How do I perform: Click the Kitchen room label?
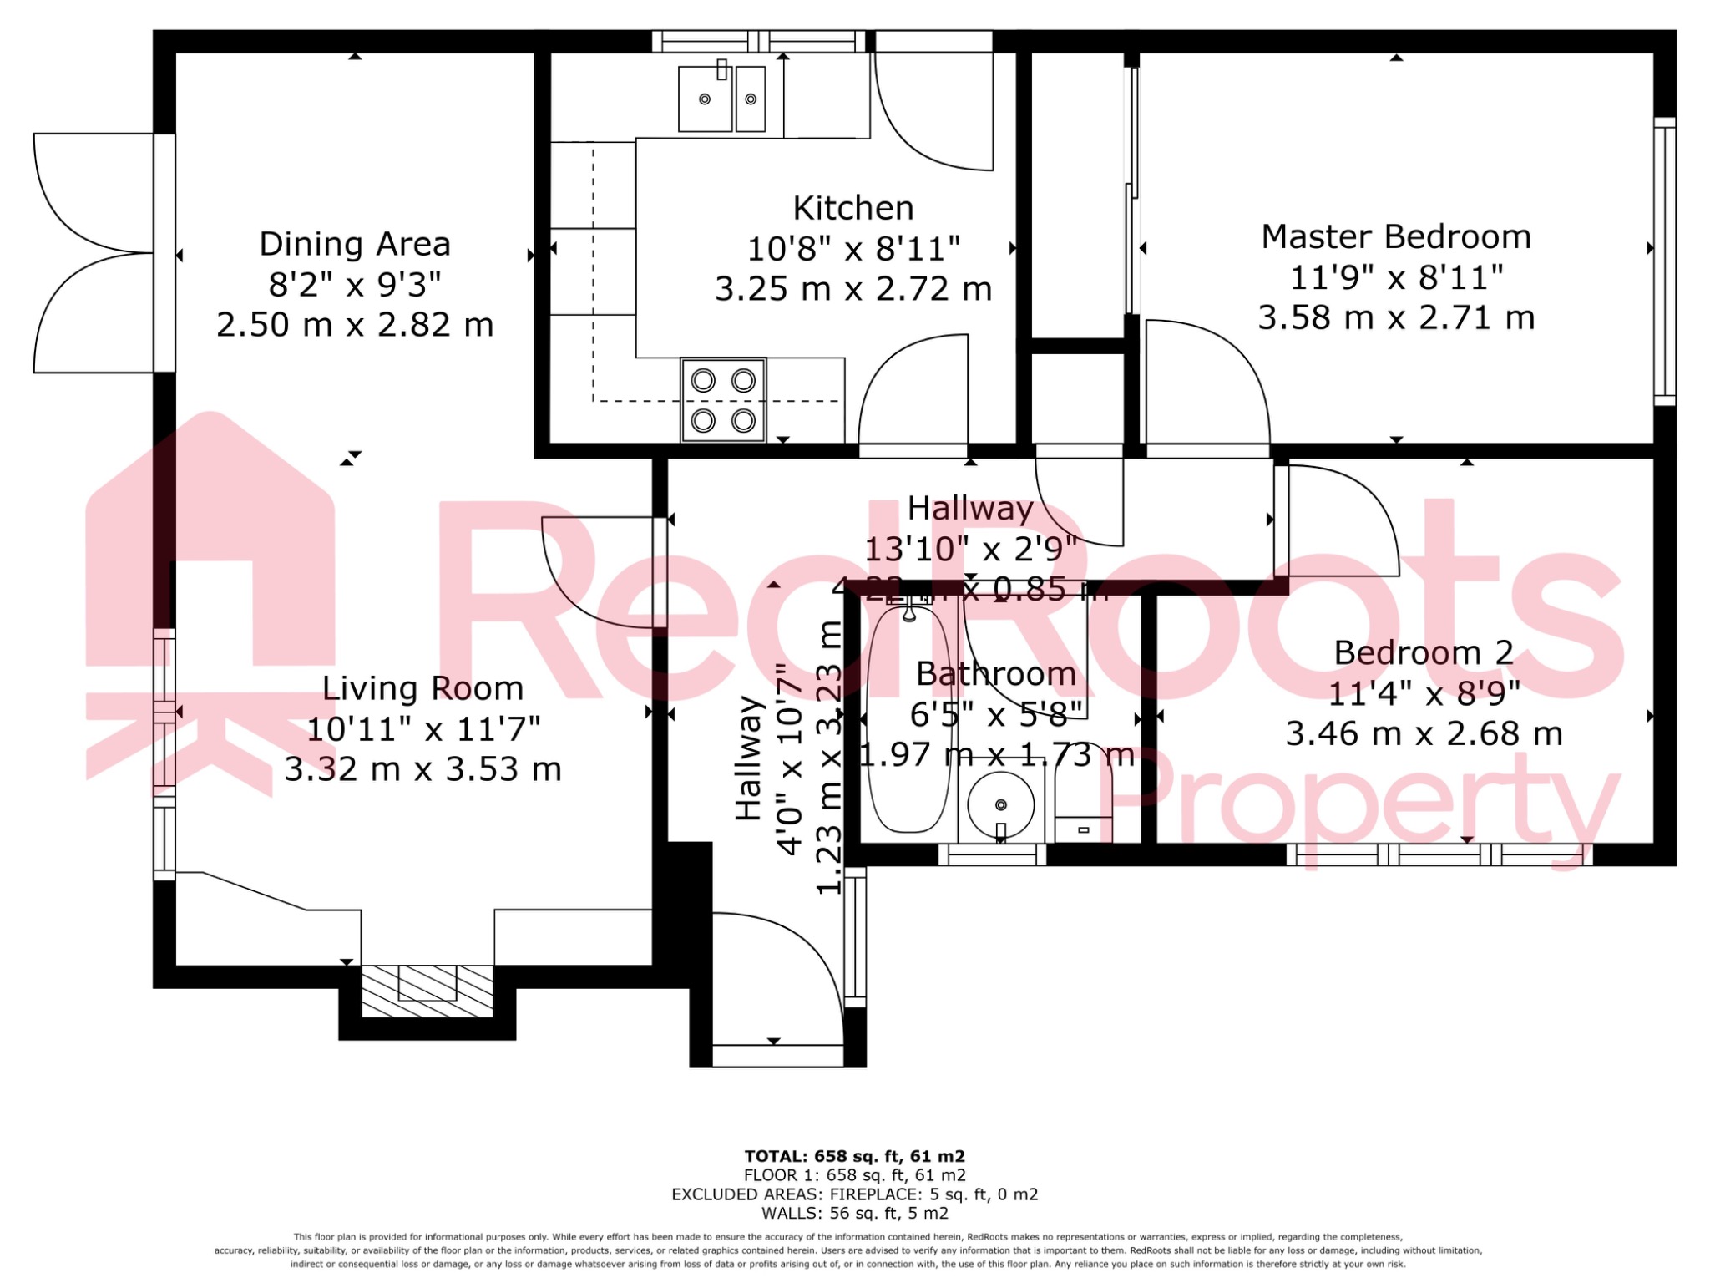tap(852, 208)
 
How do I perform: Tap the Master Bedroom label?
tap(1396, 237)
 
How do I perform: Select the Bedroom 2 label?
tap(1424, 653)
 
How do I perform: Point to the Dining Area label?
tap(355, 245)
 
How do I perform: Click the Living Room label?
tap(422, 689)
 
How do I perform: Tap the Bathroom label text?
tap(996, 674)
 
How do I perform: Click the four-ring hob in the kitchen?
tap(723, 400)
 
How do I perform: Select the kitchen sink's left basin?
tap(705, 99)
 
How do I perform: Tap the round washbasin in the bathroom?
tap(1000, 805)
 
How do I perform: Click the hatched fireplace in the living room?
tap(427, 991)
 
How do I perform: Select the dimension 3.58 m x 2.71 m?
tap(1396, 318)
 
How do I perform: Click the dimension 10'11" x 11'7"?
tap(423, 730)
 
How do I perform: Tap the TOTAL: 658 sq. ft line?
tap(854, 1156)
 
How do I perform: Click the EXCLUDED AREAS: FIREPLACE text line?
tap(854, 1194)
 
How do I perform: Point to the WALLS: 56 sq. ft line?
tap(854, 1213)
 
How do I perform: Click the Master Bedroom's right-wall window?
tap(1664, 261)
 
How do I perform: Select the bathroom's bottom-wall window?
tap(992, 854)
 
